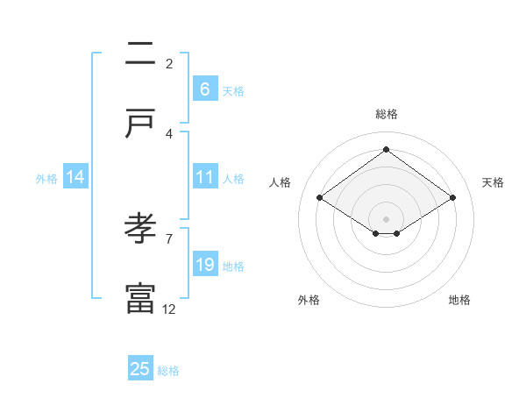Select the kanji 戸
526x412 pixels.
point(139,124)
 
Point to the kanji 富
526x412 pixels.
point(139,298)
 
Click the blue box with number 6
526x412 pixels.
point(204,89)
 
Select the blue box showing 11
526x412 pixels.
point(204,177)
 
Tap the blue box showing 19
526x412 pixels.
point(204,265)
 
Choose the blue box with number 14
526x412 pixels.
point(75,177)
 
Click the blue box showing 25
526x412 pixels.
point(140,369)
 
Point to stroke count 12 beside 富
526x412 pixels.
point(169,309)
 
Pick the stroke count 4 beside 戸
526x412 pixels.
point(168,133)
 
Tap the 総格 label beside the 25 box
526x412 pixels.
point(169,371)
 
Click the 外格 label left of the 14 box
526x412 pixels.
point(46,179)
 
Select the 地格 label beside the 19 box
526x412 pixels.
point(233,266)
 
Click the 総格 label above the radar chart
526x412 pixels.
point(386,114)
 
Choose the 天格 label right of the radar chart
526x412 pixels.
point(494,182)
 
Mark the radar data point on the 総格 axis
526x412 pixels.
point(386,149)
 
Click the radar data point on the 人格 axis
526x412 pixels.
point(319,198)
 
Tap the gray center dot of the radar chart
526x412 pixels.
point(386,218)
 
